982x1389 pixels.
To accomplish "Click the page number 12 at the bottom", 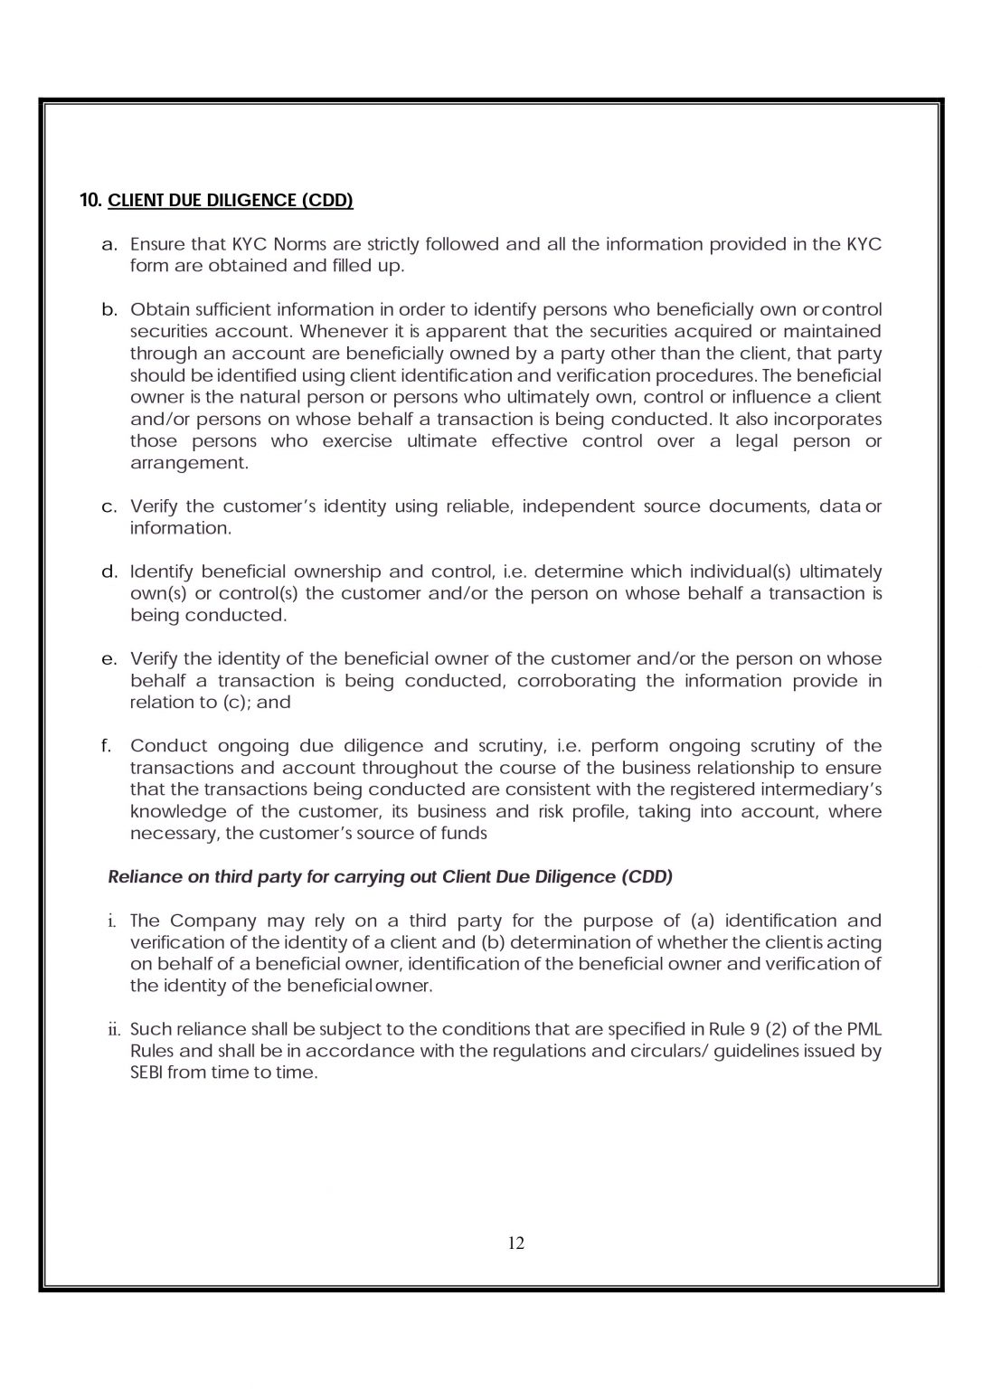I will click(x=516, y=1243).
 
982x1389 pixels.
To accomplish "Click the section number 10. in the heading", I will click(x=90, y=201).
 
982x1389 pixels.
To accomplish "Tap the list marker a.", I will click(x=109, y=244).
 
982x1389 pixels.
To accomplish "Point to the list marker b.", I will click(x=109, y=310).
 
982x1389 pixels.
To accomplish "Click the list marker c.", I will click(x=109, y=506).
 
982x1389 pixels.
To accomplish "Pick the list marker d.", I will click(x=109, y=572).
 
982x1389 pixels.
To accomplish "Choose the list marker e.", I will click(x=109, y=659).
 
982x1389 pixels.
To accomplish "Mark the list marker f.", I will click(x=107, y=746).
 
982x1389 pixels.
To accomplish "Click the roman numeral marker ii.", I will click(x=113, y=1030).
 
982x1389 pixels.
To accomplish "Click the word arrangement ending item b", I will click(x=189, y=463).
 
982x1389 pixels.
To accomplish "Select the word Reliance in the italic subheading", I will click(x=141, y=877).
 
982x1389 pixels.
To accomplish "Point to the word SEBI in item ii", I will click(x=146, y=1073).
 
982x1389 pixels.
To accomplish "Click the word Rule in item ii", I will click(x=737, y=1030).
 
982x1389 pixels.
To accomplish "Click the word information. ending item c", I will click(x=181, y=528).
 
